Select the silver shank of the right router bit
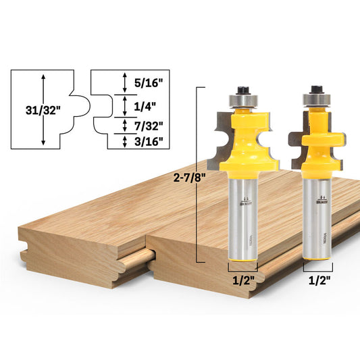(x=316, y=216)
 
